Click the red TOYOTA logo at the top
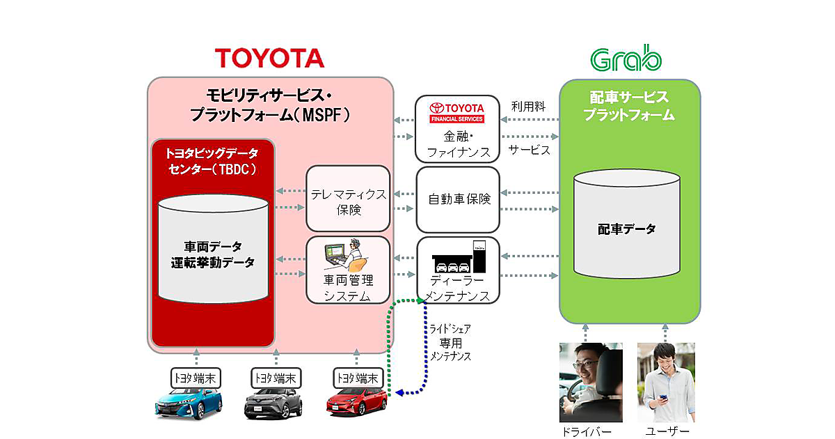(269, 58)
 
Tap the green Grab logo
(626, 59)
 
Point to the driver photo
(590, 382)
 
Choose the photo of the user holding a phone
(666, 382)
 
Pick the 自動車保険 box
(459, 199)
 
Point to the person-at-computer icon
(346, 256)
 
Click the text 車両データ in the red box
(213, 246)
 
